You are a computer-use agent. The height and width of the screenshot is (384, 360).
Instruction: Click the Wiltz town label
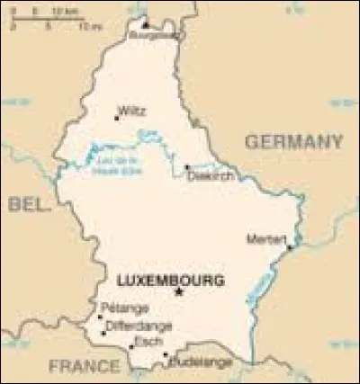point(131,112)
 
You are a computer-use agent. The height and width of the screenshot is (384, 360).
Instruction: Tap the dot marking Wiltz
point(116,116)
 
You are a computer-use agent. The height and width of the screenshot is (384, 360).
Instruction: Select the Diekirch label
point(211,176)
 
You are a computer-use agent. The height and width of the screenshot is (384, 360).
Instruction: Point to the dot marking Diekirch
point(187,166)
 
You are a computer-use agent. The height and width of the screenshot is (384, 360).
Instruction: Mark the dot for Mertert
point(289,246)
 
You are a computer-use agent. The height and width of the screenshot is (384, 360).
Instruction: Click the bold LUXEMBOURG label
point(170,281)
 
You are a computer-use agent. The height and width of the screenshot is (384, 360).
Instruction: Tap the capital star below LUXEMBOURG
point(179,293)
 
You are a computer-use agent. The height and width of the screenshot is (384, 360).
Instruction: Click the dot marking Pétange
point(100,317)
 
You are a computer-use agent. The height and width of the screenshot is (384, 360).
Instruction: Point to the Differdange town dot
point(103,333)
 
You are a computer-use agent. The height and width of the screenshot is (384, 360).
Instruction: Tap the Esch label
point(142,343)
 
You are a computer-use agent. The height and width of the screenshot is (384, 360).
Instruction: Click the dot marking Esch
point(128,347)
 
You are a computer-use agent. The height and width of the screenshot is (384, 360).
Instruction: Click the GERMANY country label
point(293,141)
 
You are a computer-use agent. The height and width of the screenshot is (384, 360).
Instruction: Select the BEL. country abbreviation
point(27,205)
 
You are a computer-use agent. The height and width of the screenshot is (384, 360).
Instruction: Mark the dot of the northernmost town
point(144,26)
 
